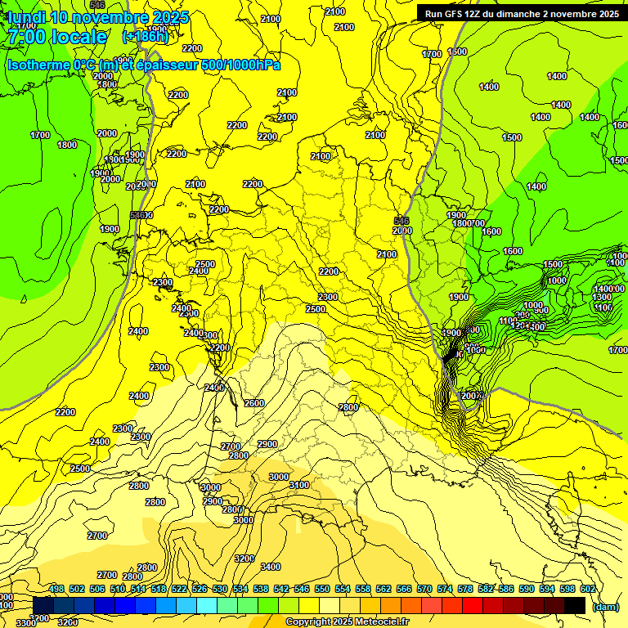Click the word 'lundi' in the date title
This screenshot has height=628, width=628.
(26, 17)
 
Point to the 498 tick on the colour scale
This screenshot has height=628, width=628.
(56, 589)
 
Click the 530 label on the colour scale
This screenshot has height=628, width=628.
(220, 589)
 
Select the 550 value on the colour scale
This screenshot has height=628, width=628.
(322, 589)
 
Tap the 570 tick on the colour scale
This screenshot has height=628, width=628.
(424, 589)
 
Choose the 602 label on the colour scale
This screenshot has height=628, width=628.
(588, 589)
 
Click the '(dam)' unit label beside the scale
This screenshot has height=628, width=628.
(605, 606)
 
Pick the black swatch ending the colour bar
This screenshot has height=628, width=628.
(575, 605)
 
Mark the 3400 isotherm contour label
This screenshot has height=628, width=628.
(270, 567)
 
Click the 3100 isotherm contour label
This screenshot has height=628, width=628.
(299, 486)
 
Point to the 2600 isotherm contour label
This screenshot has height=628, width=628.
(254, 403)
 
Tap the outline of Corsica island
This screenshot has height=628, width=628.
(564, 511)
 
